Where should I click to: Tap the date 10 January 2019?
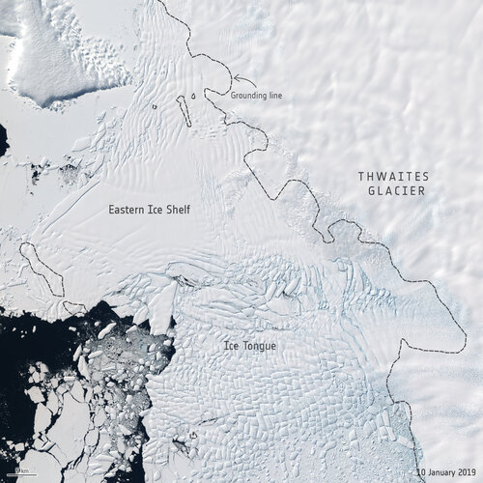[x=446, y=472]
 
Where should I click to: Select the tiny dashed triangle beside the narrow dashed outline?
[x=193, y=97]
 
